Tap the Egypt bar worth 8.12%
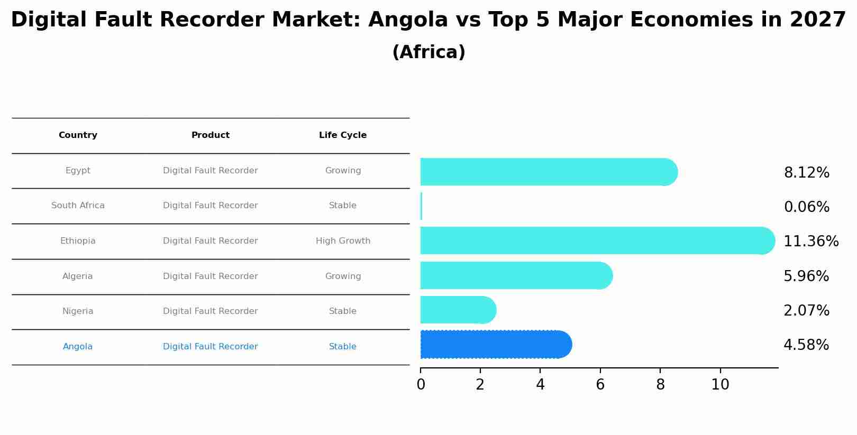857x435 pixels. pos(548,172)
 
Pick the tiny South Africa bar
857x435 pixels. pos(421,206)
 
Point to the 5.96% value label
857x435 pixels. pos(806,276)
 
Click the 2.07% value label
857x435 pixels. pos(806,311)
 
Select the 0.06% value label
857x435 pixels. pos(806,207)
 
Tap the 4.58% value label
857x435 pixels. pos(806,345)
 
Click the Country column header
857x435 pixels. pos(78,135)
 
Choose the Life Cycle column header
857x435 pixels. pos(342,135)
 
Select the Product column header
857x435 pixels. pos(210,135)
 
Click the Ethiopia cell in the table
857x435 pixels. pos(78,241)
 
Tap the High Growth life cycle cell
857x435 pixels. pos(343,241)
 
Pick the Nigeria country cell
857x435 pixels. pos(78,311)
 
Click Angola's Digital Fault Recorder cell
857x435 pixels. pos(210,347)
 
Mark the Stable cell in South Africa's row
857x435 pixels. pos(342,206)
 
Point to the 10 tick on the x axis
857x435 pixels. pos(720,385)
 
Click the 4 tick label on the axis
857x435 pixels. pos(540,385)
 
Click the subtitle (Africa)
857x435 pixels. pos(428,52)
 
